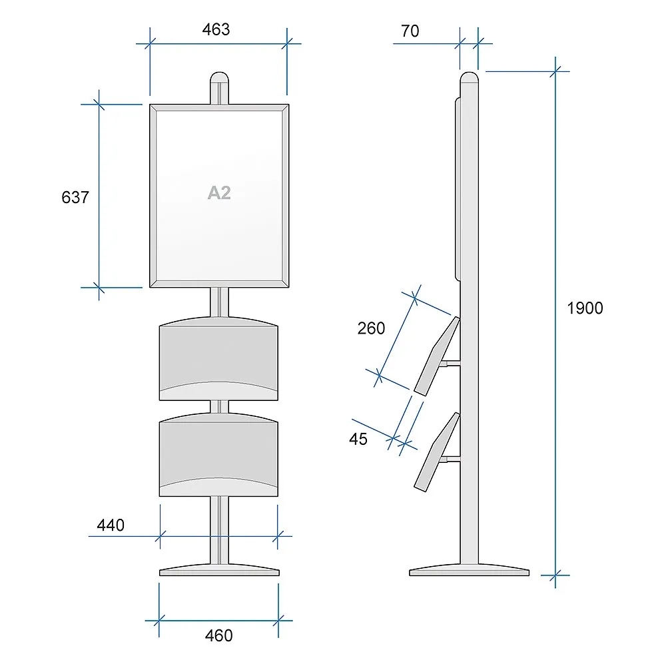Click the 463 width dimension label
(216, 30)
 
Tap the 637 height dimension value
(75, 198)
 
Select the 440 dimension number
(111, 525)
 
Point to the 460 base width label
(218, 636)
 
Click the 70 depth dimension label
(410, 31)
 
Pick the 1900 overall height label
(585, 308)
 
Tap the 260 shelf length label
(371, 328)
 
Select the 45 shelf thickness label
(358, 439)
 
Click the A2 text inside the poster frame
(219, 193)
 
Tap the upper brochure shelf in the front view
(218, 359)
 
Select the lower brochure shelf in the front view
(218, 455)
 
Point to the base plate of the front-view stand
(219, 571)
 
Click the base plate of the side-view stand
(469, 571)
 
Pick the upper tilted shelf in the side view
(438, 356)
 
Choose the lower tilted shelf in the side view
(438, 452)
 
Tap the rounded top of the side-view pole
(469, 78)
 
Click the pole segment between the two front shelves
(219, 406)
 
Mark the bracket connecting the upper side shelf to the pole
(450, 364)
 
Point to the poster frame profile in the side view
(458, 189)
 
